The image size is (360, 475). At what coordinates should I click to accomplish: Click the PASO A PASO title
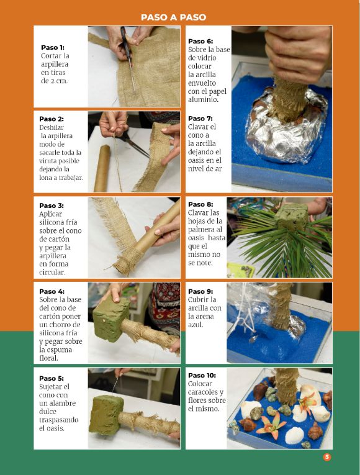[174, 17]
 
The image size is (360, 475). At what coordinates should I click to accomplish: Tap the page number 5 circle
[326, 457]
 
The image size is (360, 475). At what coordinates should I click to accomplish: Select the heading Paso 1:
[53, 48]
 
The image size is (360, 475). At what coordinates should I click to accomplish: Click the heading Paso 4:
[52, 291]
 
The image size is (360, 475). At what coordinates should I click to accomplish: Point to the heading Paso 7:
[200, 119]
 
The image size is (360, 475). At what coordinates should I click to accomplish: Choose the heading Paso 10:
[202, 375]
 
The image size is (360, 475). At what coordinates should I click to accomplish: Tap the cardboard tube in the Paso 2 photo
[102, 168]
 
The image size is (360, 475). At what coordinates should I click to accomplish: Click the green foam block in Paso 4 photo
[111, 319]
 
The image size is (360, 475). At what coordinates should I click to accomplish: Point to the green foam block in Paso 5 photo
[106, 415]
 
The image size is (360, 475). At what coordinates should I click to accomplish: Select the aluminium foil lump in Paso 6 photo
[286, 127]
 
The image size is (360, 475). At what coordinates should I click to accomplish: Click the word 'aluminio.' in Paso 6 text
[203, 100]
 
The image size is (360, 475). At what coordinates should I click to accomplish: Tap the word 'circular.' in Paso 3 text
[52, 273]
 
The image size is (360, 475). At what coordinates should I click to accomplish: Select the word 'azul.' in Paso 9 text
[196, 325]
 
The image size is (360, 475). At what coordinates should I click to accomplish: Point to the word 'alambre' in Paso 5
[61, 403]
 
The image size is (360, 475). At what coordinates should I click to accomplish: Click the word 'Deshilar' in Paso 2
[52, 127]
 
